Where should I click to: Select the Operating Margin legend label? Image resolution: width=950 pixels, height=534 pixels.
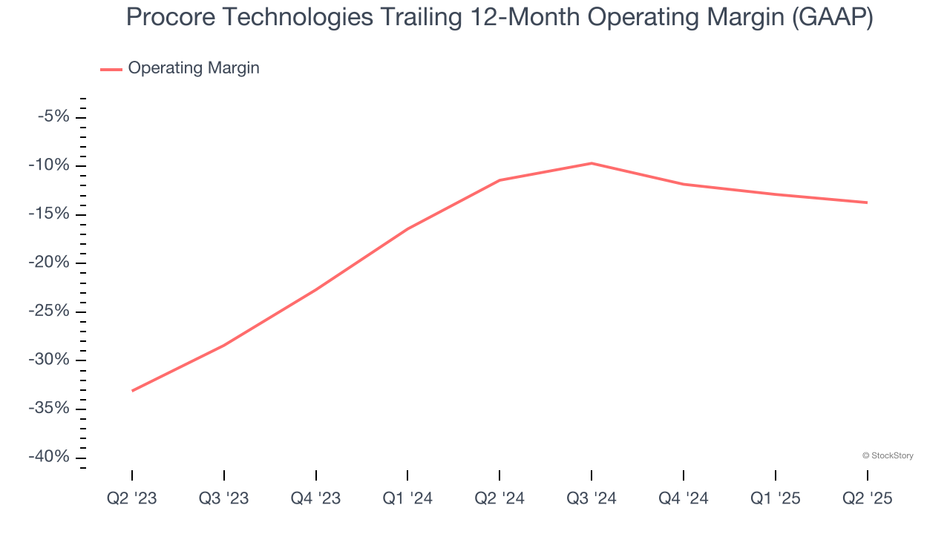click(194, 68)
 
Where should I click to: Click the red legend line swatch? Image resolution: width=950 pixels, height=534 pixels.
click(111, 70)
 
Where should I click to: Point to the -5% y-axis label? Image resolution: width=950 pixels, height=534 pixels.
click(53, 116)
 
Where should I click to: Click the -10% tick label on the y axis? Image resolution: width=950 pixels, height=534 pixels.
click(49, 165)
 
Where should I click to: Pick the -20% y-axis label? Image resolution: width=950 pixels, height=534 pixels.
click(49, 263)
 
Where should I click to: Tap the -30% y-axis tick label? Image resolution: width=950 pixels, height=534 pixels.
click(49, 360)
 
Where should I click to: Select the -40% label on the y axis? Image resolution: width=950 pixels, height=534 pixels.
click(49, 457)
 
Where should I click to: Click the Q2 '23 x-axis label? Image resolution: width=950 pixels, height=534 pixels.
click(132, 498)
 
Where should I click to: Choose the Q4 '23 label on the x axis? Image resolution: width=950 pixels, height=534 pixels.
click(316, 498)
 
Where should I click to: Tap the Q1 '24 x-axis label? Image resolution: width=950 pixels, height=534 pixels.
click(407, 498)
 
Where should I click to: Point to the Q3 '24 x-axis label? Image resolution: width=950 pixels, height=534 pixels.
click(592, 498)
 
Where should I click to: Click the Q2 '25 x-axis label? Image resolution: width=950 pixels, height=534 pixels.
click(867, 498)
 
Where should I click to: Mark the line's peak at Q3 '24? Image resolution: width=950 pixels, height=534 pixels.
click(592, 163)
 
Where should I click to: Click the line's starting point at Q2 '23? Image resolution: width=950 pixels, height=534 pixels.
click(132, 391)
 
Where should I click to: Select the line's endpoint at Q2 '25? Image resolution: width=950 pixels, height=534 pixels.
click(867, 202)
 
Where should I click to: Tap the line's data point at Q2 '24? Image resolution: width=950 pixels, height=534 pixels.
click(499, 180)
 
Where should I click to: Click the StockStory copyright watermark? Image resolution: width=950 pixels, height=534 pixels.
click(888, 455)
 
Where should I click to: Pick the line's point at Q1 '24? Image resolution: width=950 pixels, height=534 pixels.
click(407, 229)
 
